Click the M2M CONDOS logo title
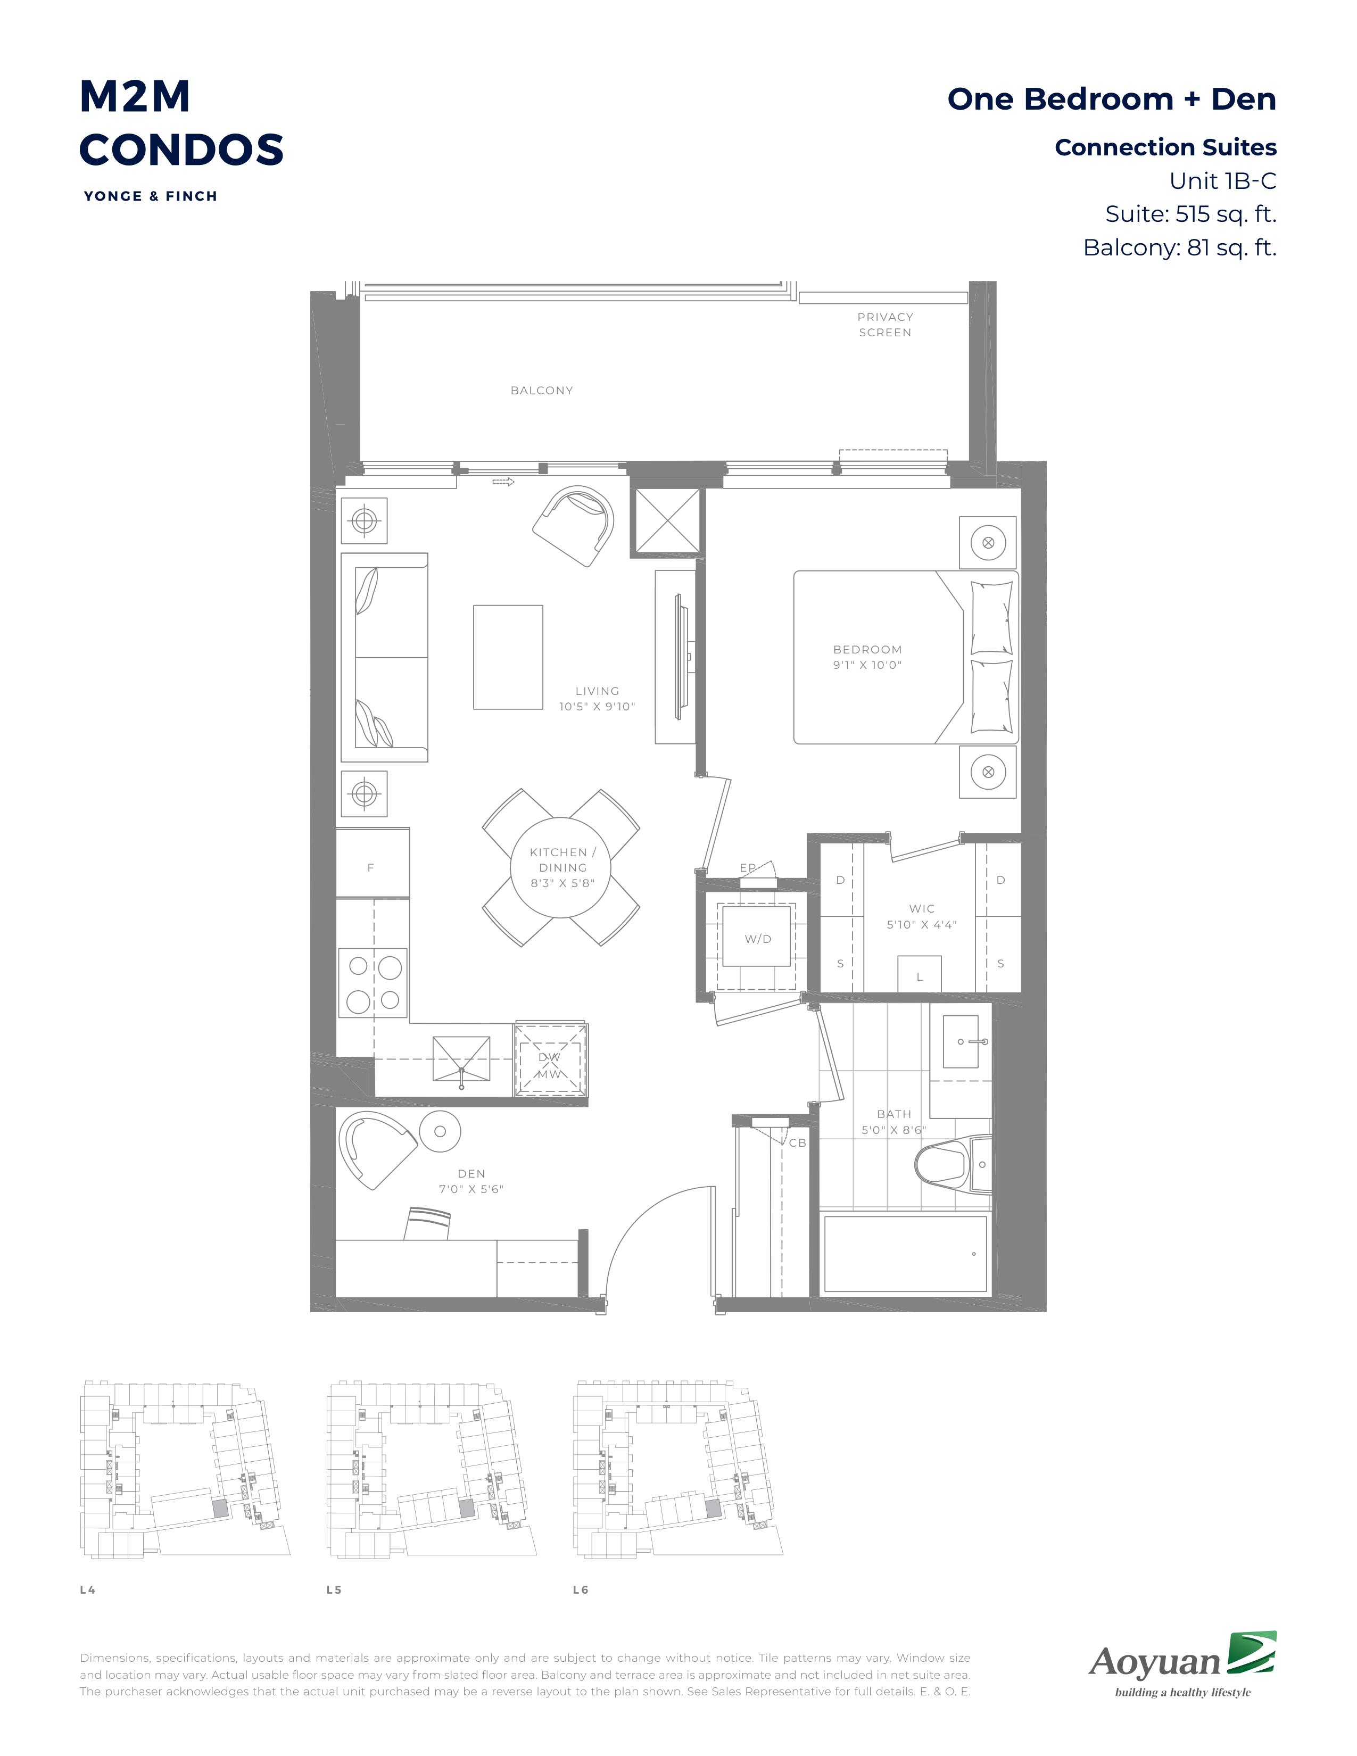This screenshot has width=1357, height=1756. click(x=181, y=123)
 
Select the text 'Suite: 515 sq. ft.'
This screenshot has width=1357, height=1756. click(x=1190, y=214)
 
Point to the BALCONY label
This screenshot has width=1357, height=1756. click(x=542, y=391)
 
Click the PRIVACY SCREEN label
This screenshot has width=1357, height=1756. click(x=885, y=325)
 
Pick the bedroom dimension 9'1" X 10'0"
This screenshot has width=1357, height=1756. click(x=867, y=665)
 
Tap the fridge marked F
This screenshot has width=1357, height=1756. click(x=372, y=863)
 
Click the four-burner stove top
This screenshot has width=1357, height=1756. click(x=373, y=982)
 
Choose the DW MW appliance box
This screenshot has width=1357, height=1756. click(x=551, y=1059)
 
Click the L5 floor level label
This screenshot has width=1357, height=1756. click(x=334, y=1589)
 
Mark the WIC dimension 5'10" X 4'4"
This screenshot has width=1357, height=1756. click(x=921, y=925)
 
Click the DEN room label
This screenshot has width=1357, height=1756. click(x=472, y=1174)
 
